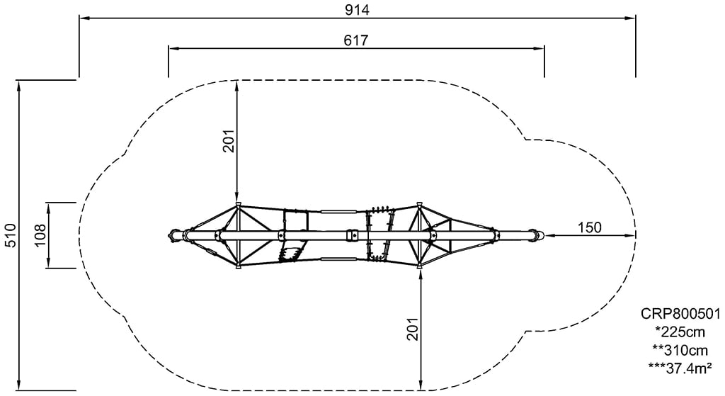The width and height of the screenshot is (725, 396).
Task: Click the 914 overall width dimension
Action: click(x=357, y=10)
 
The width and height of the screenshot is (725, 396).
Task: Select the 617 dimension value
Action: click(x=356, y=40)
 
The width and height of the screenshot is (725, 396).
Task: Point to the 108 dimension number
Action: click(x=40, y=235)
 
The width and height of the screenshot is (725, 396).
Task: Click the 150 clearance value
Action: click(x=590, y=227)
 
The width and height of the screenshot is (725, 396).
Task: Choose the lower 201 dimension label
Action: click(x=413, y=329)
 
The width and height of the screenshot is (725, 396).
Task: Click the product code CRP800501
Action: click(x=680, y=314)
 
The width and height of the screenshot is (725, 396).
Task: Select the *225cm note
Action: click(x=680, y=332)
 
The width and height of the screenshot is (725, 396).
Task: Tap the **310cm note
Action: click(x=680, y=349)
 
